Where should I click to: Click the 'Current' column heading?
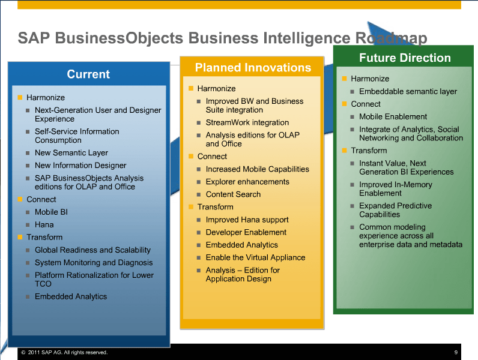(x=88, y=74)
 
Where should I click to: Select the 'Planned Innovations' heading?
(x=253, y=68)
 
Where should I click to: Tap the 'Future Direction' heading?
(x=405, y=58)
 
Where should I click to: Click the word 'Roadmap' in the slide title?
(x=391, y=38)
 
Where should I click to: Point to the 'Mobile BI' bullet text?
(x=51, y=212)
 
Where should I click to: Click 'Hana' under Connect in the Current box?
(x=44, y=225)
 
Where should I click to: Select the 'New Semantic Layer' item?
(x=71, y=153)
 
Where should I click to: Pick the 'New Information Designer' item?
(x=80, y=166)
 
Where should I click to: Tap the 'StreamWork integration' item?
(x=247, y=122)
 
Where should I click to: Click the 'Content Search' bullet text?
(x=233, y=194)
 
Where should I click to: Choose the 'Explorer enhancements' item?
(x=247, y=182)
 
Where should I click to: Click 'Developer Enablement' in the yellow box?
(x=246, y=232)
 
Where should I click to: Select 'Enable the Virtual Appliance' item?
(x=255, y=257)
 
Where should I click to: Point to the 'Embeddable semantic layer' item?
(x=408, y=91)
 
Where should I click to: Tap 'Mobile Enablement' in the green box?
(x=393, y=116)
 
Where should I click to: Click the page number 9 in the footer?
(x=456, y=352)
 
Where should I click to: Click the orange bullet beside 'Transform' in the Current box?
(x=20, y=237)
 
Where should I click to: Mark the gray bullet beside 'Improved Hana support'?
(x=199, y=220)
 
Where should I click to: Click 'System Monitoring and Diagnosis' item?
(x=94, y=263)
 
